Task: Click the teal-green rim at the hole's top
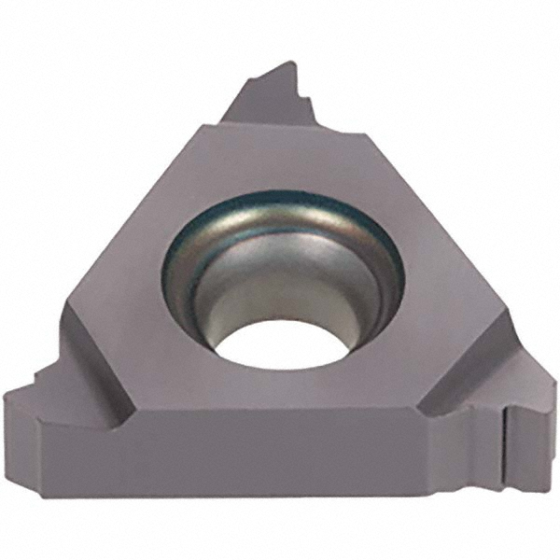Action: pos(280,197)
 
